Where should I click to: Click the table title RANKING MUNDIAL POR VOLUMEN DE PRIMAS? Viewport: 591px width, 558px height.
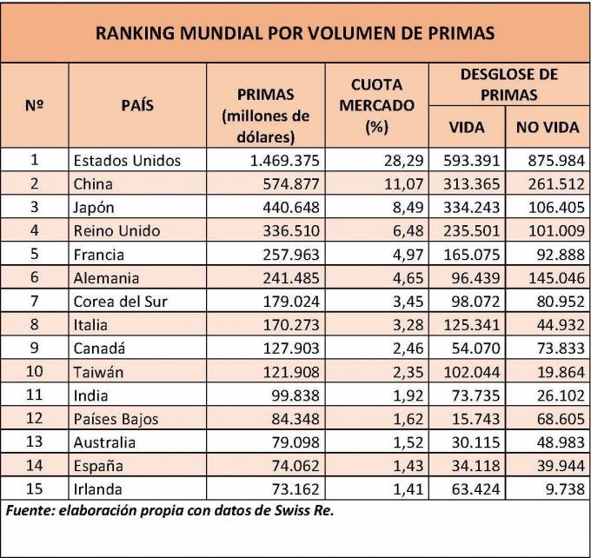pyautogui.click(x=295, y=33)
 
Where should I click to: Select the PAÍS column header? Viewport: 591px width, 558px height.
pyautogui.click(x=137, y=105)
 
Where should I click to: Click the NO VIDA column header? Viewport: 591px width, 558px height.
pyautogui.click(x=548, y=127)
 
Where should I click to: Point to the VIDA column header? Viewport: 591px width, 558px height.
pyautogui.click(x=466, y=127)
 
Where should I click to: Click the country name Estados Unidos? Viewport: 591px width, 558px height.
pyautogui.click(x=127, y=160)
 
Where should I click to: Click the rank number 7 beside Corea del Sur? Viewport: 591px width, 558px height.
pyautogui.click(x=36, y=302)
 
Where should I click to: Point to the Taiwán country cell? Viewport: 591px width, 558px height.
pyautogui.click(x=99, y=372)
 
